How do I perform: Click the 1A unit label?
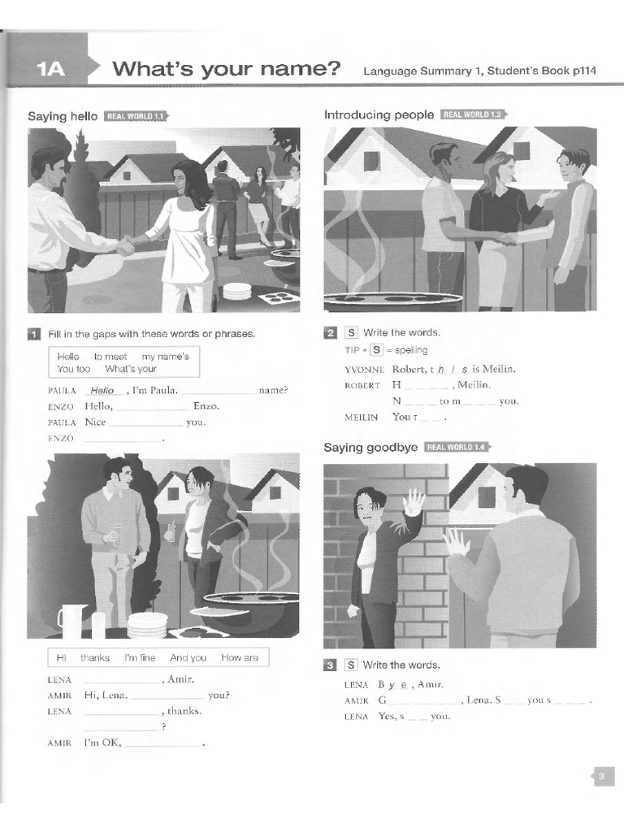pyautogui.click(x=50, y=70)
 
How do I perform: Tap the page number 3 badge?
pyautogui.click(x=601, y=777)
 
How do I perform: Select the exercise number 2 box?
pyautogui.click(x=331, y=332)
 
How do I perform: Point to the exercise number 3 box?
pyautogui.click(x=331, y=665)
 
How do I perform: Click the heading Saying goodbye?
pyautogui.click(x=370, y=448)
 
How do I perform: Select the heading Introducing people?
pyautogui.click(x=379, y=115)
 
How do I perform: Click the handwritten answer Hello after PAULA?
pyautogui.click(x=103, y=391)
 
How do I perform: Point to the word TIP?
pyautogui.click(x=352, y=350)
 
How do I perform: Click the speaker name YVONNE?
pyautogui.click(x=363, y=369)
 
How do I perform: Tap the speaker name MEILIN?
pyautogui.click(x=362, y=417)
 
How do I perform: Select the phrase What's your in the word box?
pyautogui.click(x=131, y=369)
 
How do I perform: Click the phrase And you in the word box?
pyautogui.click(x=188, y=658)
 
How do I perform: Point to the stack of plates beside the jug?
pyautogui.click(x=147, y=624)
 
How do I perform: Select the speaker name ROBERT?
pyautogui.click(x=362, y=385)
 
